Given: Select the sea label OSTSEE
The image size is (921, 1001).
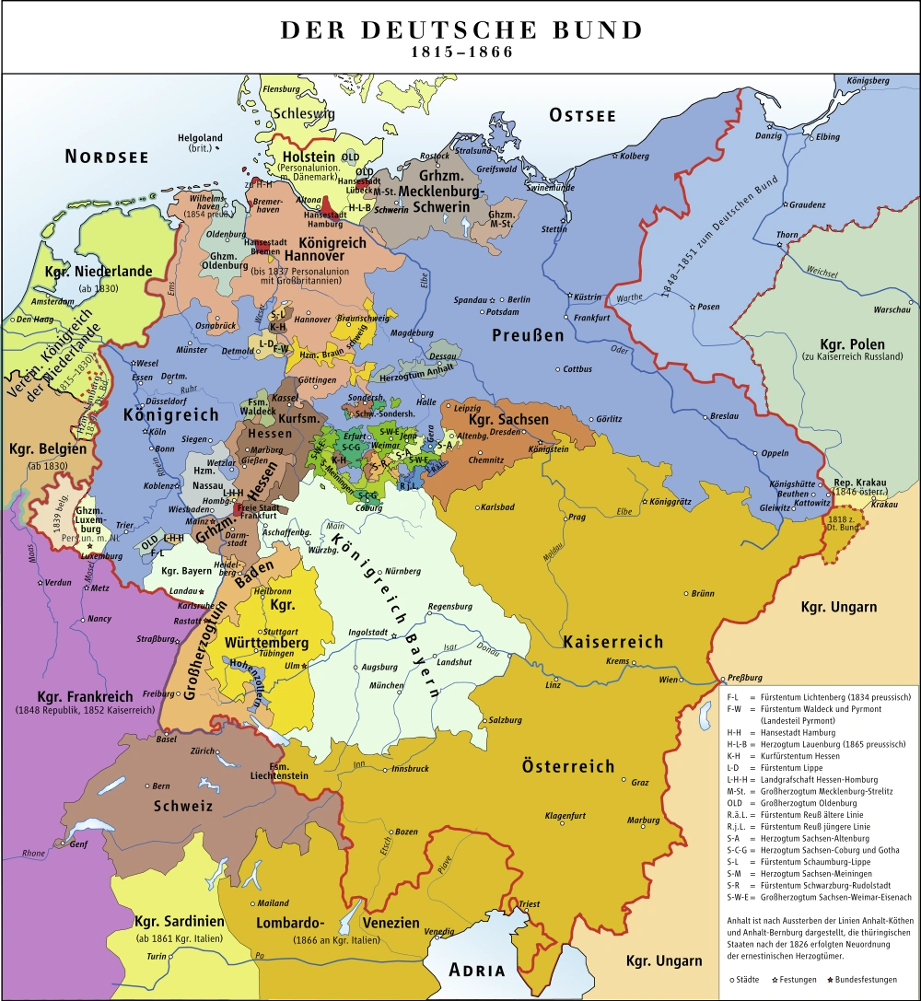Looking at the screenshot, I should tap(582, 115).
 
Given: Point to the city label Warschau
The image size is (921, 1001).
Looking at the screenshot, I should tap(891, 309).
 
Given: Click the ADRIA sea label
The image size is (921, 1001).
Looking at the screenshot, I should tap(477, 970).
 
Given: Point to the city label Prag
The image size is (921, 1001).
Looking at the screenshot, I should tap(577, 518).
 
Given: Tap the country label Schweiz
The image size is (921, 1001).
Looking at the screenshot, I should tap(184, 806).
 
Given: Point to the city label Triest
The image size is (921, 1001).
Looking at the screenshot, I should tap(530, 904).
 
